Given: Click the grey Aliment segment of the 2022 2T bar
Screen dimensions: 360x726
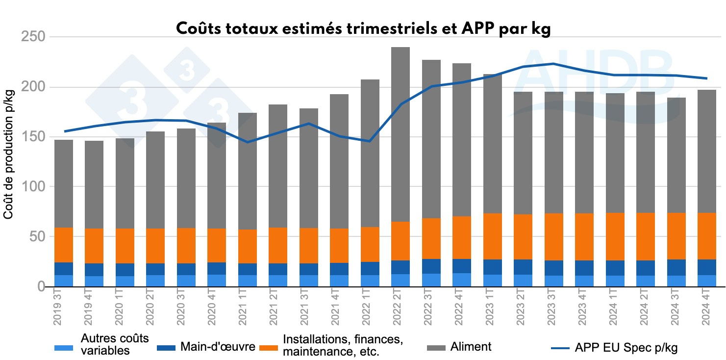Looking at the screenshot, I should pyautogui.click(x=400, y=132).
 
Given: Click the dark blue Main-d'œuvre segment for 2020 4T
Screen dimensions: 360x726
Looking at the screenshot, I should pyautogui.click(x=217, y=268).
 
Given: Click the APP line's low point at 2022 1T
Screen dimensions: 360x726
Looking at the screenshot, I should pyautogui.click(x=370, y=141).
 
